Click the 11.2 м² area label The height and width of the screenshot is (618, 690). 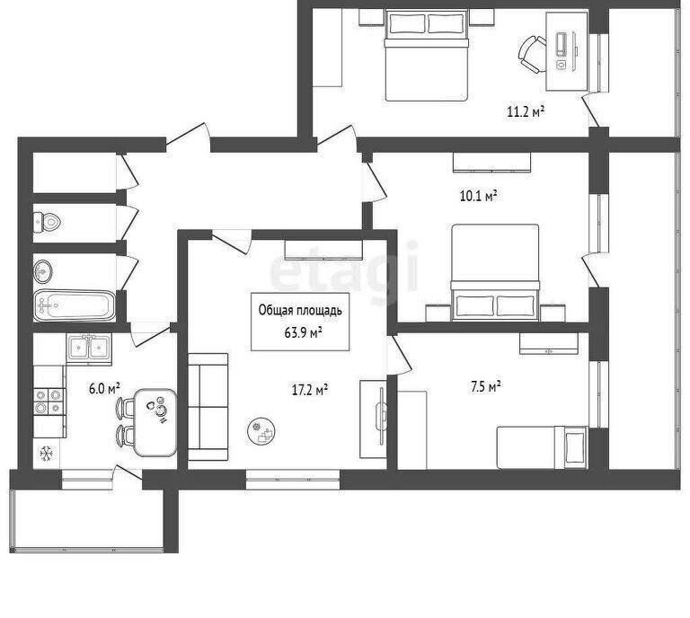tap(526, 111)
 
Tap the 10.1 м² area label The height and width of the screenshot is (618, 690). tap(479, 195)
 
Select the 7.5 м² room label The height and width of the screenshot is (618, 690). tap(486, 386)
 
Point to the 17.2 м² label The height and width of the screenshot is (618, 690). tap(310, 389)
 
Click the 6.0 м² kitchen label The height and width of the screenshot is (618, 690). tap(104, 389)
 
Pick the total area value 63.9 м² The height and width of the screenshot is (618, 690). tap(303, 332)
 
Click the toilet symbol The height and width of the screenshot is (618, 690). tap(47, 222)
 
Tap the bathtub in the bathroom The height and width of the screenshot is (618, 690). tap(75, 305)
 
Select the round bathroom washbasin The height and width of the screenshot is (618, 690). tap(43, 270)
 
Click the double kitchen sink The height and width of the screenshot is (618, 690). tap(89, 349)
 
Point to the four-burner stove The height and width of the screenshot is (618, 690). tap(49, 402)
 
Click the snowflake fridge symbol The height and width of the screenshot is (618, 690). tap(46, 453)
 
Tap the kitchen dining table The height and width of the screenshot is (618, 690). tap(155, 422)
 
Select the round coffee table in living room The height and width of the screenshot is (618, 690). tap(261, 431)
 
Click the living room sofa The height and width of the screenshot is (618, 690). tap(208, 407)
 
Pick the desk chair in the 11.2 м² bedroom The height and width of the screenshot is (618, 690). tap(533, 55)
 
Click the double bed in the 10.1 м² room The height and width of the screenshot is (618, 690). tap(496, 272)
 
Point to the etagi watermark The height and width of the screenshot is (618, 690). tap(343, 270)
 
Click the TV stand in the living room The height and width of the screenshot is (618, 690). tap(374, 419)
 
